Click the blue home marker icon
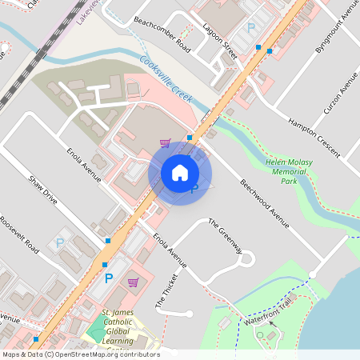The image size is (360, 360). [180, 173]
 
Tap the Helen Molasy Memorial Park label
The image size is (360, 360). [289, 171]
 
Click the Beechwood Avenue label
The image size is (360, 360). [264, 203]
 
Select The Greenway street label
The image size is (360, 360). [225, 237]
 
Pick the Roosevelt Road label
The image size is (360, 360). [20, 235]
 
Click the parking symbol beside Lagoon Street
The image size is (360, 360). [250, 28]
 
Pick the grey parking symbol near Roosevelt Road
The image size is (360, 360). [59, 242]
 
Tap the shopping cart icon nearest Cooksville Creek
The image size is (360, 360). [165, 143]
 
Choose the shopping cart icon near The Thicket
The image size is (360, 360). [133, 282]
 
